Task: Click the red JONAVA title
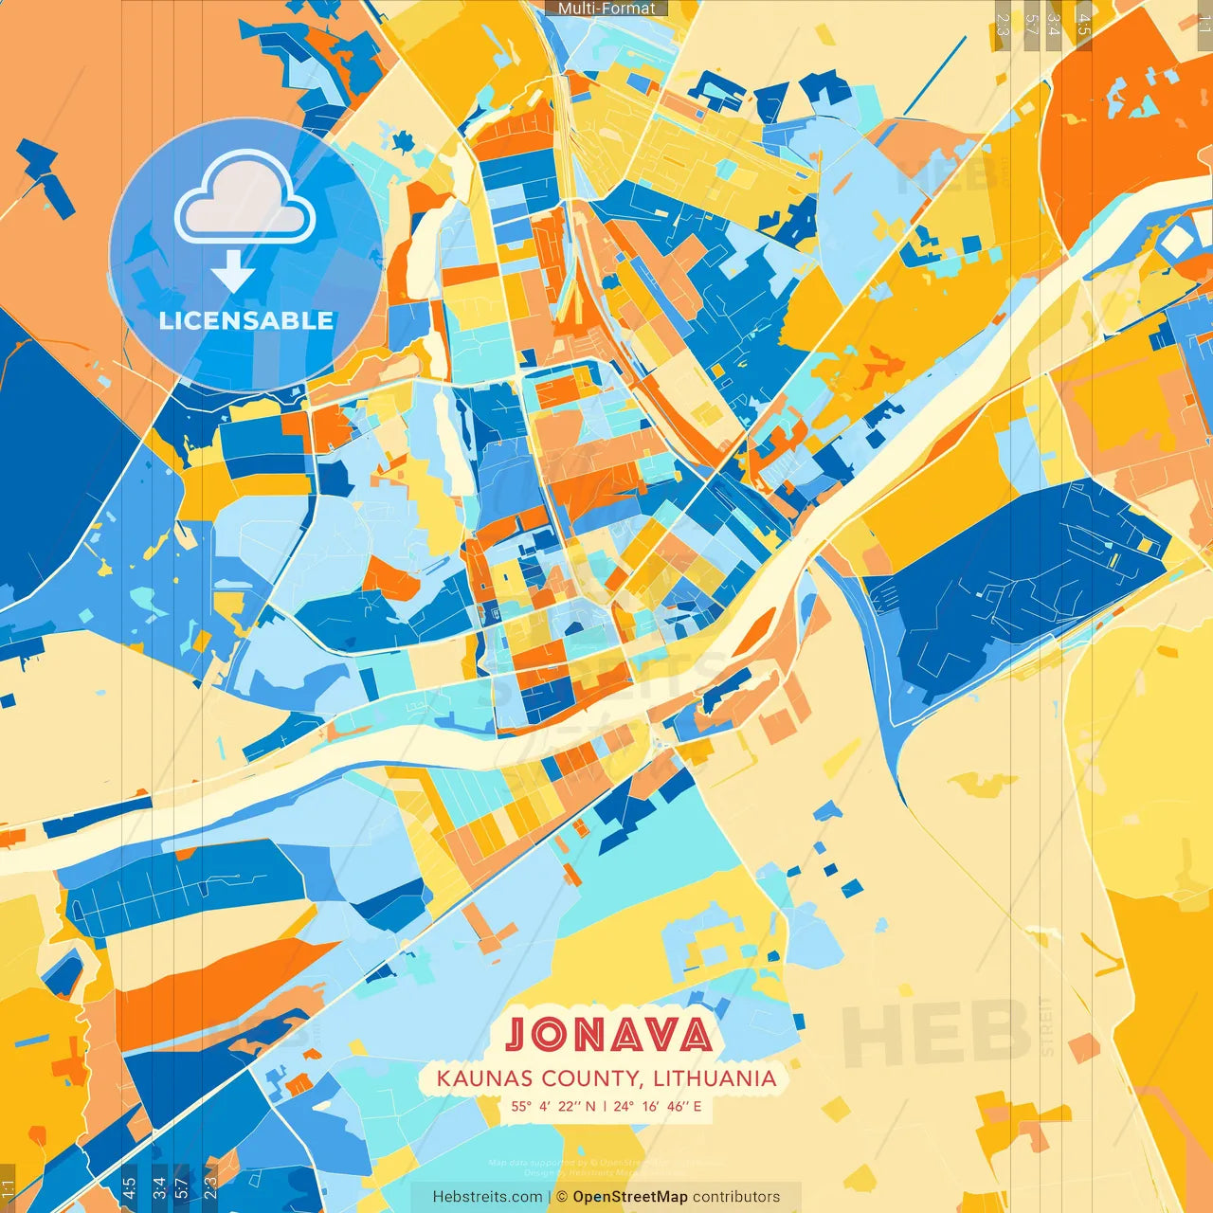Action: pos(607,1034)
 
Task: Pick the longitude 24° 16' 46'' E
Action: pos(657,1106)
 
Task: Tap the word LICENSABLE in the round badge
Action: pos(246,320)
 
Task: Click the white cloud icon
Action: pos(244,200)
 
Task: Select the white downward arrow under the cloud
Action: pos(233,272)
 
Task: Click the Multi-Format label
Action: pos(606,9)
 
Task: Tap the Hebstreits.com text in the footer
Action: pos(487,1197)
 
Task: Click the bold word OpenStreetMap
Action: pos(630,1197)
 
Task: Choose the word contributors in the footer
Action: pos(736,1197)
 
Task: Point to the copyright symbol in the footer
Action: pos(562,1197)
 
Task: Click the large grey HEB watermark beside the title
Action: pos(933,1033)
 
